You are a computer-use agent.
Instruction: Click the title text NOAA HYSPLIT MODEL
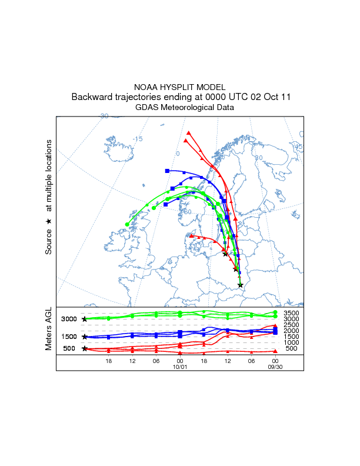click(180, 86)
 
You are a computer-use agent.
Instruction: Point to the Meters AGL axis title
click(49, 329)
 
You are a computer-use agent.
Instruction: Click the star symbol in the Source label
click(49, 221)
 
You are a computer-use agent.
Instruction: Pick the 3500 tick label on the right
click(291, 313)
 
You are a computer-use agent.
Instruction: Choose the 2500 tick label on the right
click(291, 325)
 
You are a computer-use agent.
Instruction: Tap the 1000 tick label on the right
click(291, 342)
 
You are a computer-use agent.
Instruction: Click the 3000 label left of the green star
click(69, 319)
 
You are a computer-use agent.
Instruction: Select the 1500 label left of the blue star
click(69, 337)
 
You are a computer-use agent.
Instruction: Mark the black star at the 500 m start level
click(85, 348)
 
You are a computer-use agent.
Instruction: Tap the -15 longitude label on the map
click(138, 139)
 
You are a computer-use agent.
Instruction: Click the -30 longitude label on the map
click(104, 116)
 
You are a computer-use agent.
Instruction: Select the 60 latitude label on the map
click(188, 212)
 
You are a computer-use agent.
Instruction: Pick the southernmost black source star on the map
click(240, 285)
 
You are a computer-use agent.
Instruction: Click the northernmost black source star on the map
click(225, 254)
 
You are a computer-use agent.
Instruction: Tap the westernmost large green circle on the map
click(128, 224)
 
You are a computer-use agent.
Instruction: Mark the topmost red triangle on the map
click(188, 134)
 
